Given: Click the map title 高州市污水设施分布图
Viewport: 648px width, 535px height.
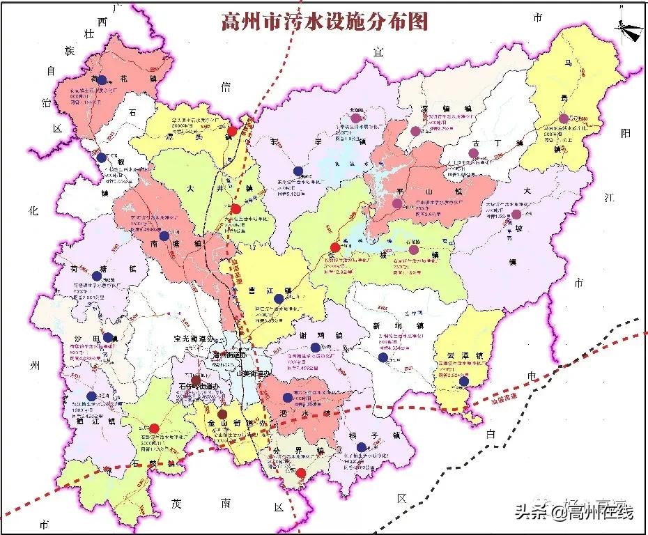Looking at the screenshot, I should point(323,21).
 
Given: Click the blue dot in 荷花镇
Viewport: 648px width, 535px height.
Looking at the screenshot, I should point(102,80).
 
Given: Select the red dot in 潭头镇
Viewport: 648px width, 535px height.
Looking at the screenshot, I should point(232,130).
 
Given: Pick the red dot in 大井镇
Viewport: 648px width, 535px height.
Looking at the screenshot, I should point(236,209).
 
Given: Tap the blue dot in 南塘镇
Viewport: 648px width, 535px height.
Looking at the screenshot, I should point(164,236).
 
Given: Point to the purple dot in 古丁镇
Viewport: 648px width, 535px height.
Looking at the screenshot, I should point(474,153).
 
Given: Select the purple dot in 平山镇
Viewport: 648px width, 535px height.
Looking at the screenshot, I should point(397,204).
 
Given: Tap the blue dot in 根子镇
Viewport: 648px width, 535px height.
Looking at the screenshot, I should point(361,447).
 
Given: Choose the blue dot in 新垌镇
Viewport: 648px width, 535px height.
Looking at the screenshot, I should point(383,357).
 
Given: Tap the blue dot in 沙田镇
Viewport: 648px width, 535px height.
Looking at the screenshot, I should point(108,338).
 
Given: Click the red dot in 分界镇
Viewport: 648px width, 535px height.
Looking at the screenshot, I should point(300,474).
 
